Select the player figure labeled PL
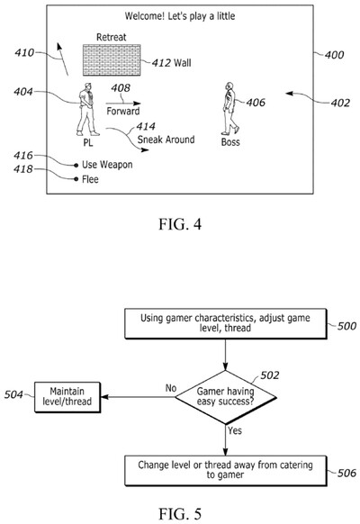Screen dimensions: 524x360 (87, 108)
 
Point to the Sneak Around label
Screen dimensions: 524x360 (166, 140)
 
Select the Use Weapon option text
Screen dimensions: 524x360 (107, 164)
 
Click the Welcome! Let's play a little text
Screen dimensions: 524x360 (181, 15)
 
